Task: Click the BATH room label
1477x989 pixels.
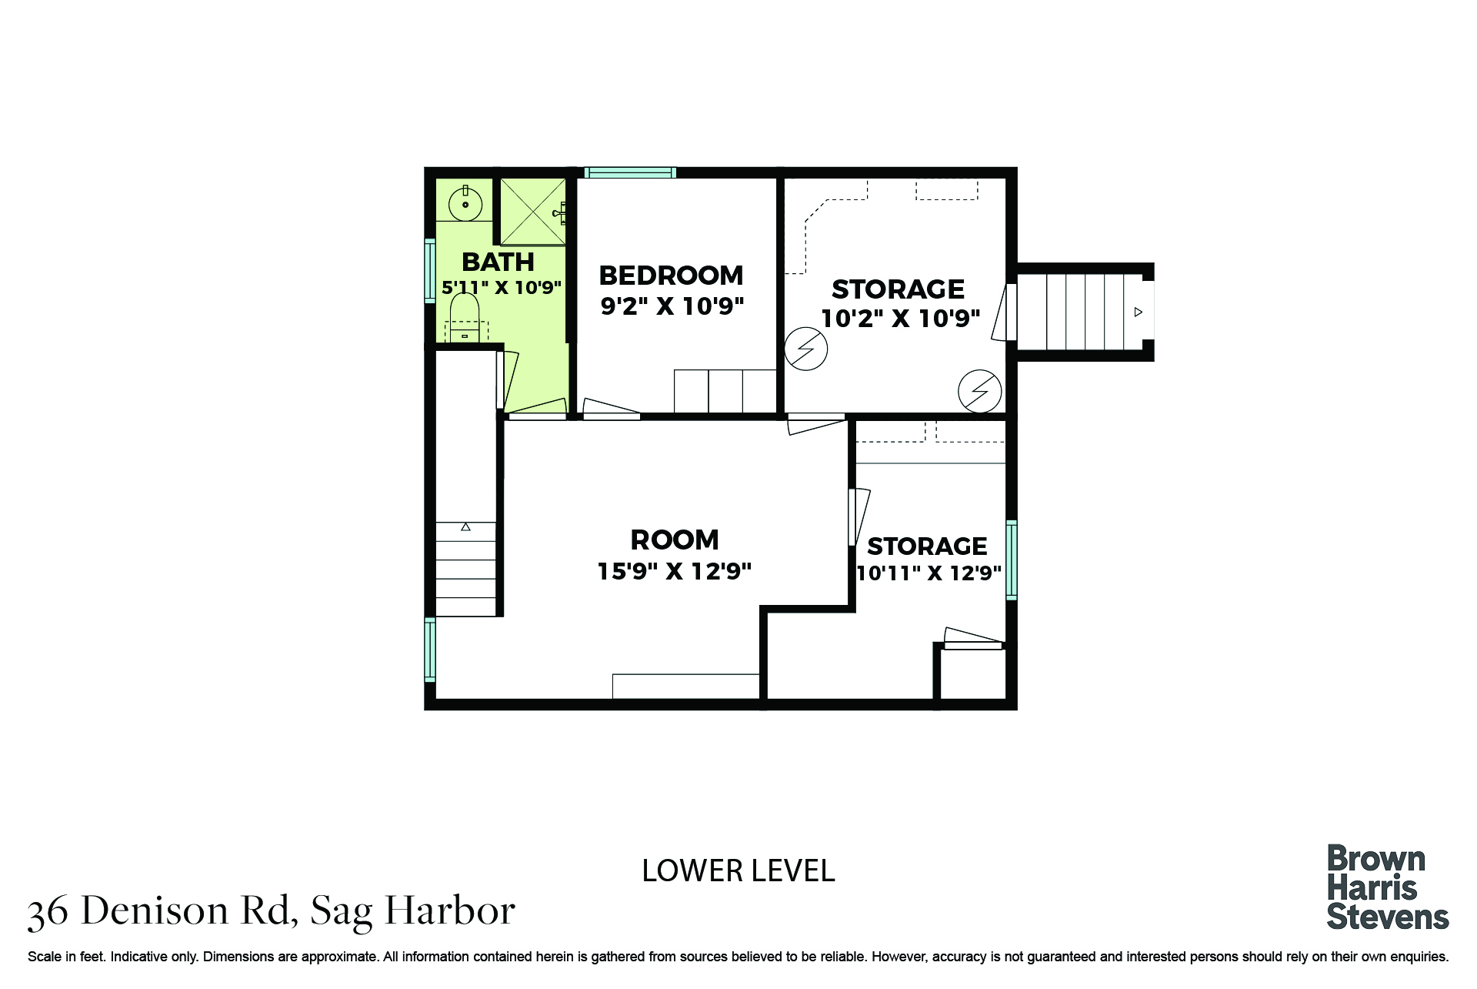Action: pos(498,262)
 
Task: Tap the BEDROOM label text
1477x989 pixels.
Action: pos(671,276)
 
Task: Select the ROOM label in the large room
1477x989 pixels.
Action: pos(675,540)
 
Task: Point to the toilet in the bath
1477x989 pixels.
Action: pos(465,318)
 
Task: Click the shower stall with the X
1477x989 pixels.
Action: pos(533,212)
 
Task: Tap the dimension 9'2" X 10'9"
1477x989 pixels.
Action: pos(672,306)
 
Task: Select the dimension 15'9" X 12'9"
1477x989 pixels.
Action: pos(675,571)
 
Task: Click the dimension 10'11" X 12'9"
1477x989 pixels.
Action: pos(929,573)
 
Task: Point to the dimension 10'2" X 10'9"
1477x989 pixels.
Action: pos(901,319)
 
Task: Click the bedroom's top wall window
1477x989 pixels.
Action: pos(630,172)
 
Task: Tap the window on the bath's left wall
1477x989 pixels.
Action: pos(430,271)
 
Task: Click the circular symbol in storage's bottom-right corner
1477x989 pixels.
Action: pos(979,391)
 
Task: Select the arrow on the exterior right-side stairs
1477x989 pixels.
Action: pos(1139,312)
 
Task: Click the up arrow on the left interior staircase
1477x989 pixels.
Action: pos(465,527)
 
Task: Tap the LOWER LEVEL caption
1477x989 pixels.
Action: pos(738,871)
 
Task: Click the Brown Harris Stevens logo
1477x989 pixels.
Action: pos(1388,887)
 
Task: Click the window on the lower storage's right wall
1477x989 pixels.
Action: pos(1012,560)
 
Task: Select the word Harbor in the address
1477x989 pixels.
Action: pos(450,911)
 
